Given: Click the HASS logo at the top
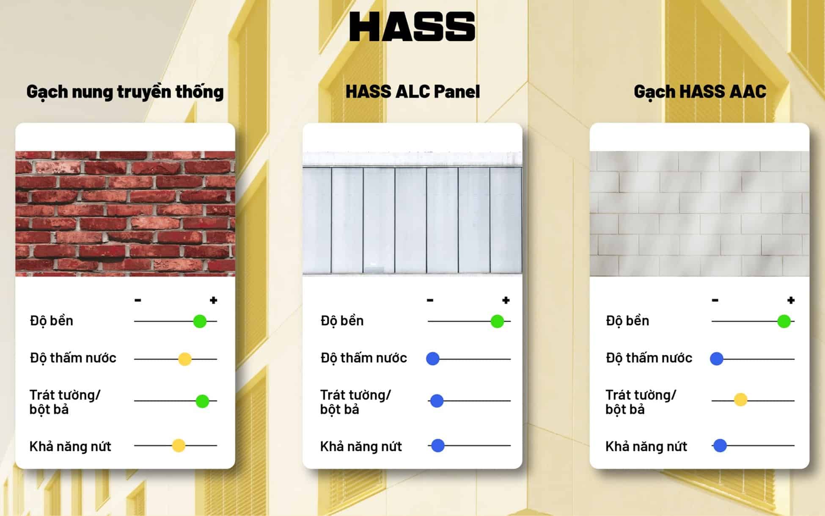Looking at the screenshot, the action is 412,26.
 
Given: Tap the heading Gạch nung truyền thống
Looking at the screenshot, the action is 125,92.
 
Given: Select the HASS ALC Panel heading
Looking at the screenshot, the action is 412,91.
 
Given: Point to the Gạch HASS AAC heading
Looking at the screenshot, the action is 700,92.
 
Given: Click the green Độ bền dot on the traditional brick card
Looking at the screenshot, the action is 200,321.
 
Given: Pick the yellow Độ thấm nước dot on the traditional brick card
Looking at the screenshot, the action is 185,359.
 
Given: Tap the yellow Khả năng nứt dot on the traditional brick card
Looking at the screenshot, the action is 179,445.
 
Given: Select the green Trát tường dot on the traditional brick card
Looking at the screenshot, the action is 202,401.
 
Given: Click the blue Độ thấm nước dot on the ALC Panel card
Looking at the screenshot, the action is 433,359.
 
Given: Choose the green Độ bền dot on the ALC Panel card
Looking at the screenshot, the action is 497,321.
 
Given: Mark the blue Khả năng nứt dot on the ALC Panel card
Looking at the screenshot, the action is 437,445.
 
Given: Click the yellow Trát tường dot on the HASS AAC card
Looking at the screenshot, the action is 740,400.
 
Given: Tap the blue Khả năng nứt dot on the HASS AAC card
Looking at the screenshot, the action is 720,445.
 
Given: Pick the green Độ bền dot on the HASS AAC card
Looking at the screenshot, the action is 784,321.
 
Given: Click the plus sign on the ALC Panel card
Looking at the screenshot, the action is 506,300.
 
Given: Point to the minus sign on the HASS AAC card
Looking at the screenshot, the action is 715,300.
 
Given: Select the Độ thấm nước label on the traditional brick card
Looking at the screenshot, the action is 73,358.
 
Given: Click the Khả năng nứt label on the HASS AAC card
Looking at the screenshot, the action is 646,446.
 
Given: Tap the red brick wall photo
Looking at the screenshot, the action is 125,214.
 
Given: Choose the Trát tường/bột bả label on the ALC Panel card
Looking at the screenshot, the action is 355,402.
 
